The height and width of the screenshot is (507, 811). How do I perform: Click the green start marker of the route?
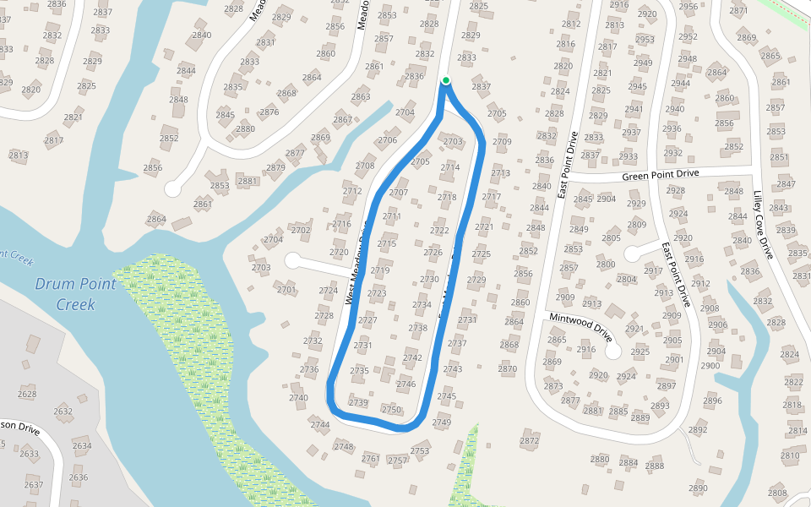[x=445, y=81]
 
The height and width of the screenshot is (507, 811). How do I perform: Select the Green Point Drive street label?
[x=661, y=175]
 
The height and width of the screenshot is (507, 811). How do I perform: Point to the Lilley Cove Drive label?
[x=762, y=223]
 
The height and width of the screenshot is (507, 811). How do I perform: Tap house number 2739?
[x=358, y=403]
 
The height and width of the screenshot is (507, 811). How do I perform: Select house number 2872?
[x=530, y=441]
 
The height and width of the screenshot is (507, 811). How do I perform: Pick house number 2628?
[x=27, y=394]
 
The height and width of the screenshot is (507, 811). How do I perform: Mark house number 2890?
[x=698, y=488]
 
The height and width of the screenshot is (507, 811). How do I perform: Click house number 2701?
[x=286, y=290]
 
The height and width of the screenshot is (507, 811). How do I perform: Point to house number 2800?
[x=606, y=264]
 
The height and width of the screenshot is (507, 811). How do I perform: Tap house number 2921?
[x=634, y=329]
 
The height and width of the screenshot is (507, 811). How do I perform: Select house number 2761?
[x=371, y=459]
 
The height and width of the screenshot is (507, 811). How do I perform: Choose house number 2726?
[x=433, y=253]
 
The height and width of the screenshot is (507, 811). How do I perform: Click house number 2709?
[x=502, y=142]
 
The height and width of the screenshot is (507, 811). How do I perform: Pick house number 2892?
[x=698, y=430]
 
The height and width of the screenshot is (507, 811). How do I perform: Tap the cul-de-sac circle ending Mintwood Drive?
[x=613, y=350]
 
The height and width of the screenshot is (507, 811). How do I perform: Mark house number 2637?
[x=33, y=485]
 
